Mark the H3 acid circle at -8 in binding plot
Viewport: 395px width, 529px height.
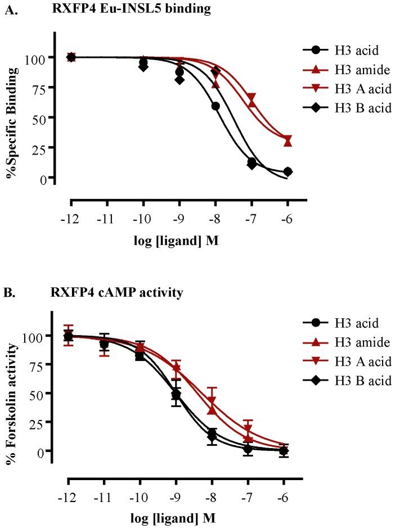point(215,106)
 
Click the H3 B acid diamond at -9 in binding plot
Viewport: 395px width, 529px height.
point(179,79)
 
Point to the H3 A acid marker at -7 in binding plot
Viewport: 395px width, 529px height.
point(252,97)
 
